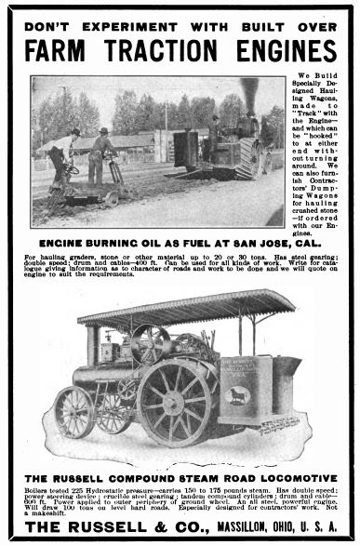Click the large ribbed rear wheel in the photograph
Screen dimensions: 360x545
(249, 159)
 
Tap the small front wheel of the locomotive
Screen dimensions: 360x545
(73, 412)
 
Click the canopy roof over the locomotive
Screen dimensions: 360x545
(186, 307)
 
